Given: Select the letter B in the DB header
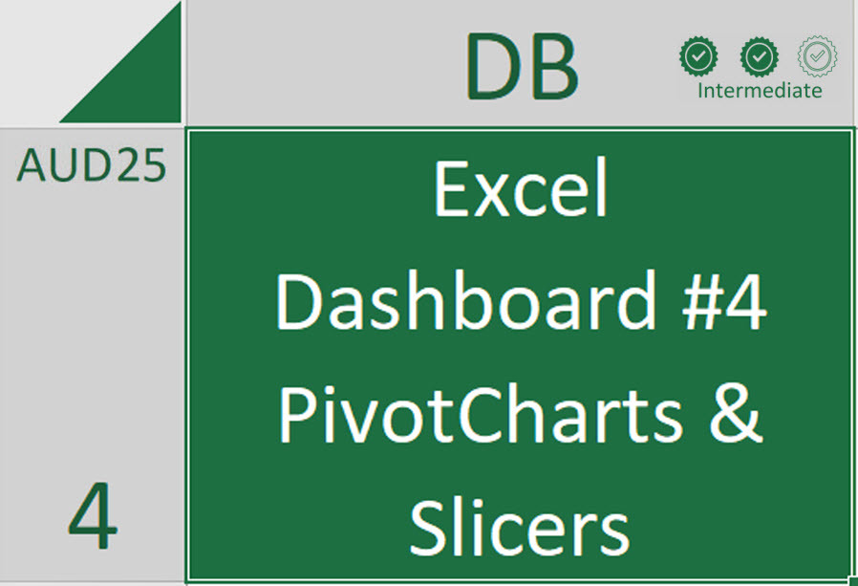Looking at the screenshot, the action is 552,66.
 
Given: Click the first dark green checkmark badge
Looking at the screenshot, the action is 698,56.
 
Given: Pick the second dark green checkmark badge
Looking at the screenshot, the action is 759,56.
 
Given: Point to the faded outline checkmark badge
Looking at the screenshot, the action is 817,56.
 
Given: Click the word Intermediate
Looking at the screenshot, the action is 760,91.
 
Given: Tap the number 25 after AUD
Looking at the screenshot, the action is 141,164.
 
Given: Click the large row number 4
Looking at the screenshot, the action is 93,515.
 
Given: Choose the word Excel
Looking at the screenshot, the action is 521,188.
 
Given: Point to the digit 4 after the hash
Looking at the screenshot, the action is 746,301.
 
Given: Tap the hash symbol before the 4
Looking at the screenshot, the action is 701,301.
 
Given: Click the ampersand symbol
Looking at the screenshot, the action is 736,414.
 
